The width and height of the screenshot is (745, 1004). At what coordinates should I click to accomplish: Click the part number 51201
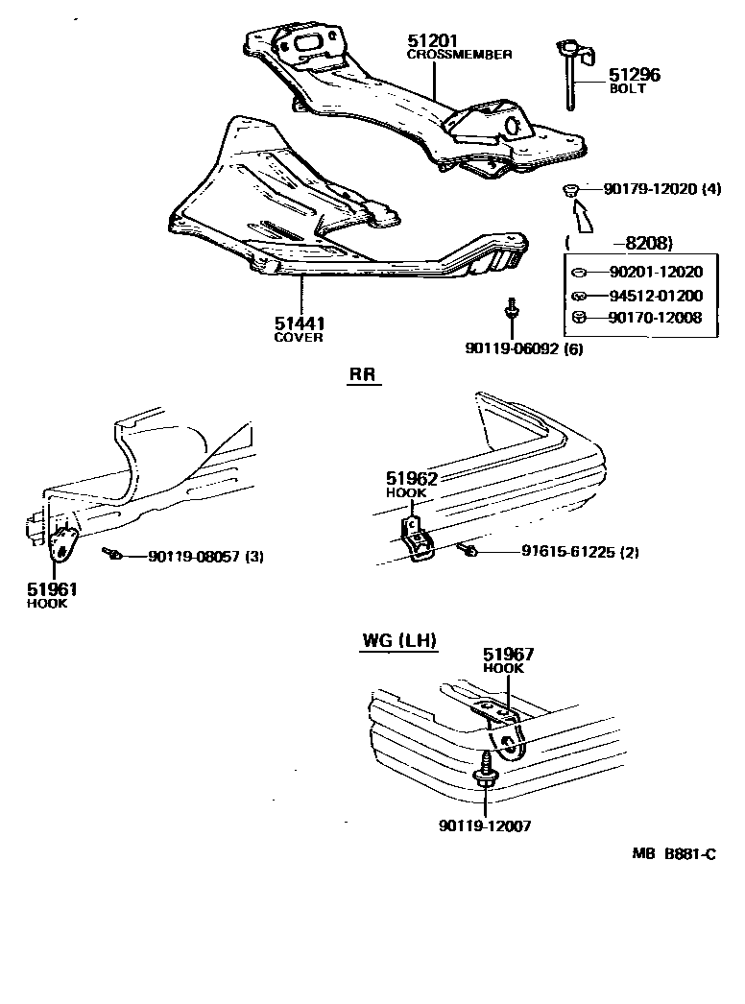(433, 41)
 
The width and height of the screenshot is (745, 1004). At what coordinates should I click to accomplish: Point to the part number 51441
(299, 324)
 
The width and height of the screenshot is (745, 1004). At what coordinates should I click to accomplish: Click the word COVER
(299, 338)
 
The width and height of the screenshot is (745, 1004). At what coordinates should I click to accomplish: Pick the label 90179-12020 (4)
(661, 190)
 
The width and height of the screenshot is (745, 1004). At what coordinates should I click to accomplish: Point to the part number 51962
(412, 477)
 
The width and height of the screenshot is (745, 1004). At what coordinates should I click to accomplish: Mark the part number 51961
(53, 590)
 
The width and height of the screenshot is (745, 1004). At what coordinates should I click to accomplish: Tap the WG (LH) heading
(399, 641)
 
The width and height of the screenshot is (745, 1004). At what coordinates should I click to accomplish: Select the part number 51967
(509, 655)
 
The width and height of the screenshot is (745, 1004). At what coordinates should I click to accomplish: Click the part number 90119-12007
(485, 825)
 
